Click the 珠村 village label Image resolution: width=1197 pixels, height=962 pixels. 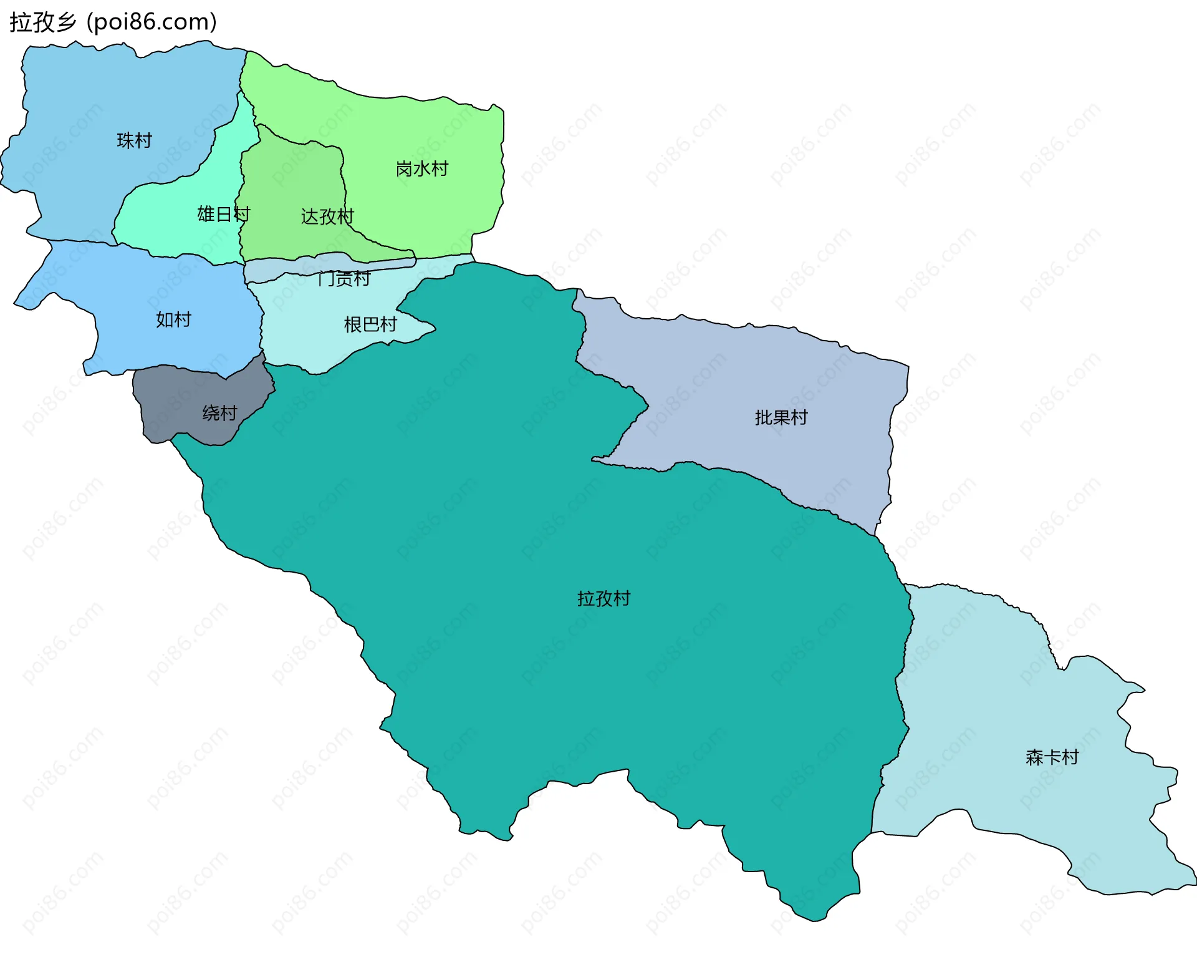(134, 140)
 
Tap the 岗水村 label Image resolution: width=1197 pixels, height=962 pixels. (421, 169)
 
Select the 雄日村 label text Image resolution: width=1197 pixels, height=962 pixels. (223, 214)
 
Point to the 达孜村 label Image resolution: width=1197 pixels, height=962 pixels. (327, 216)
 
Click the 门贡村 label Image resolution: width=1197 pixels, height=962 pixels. (344, 278)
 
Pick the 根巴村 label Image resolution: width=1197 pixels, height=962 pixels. (370, 324)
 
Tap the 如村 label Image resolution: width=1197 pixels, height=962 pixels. (173, 319)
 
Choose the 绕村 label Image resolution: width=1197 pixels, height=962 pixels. (219, 413)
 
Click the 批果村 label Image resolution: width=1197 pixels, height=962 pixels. (781, 417)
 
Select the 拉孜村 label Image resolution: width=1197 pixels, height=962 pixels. (603, 599)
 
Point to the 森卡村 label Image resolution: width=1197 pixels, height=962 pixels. (1052, 757)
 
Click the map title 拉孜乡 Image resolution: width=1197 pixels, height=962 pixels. (42, 22)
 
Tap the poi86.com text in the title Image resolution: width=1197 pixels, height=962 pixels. (151, 22)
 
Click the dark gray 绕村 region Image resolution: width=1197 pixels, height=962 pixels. (168, 399)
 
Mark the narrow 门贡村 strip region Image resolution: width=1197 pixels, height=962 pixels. (274, 270)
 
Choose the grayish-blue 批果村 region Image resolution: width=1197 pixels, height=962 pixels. (748, 374)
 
